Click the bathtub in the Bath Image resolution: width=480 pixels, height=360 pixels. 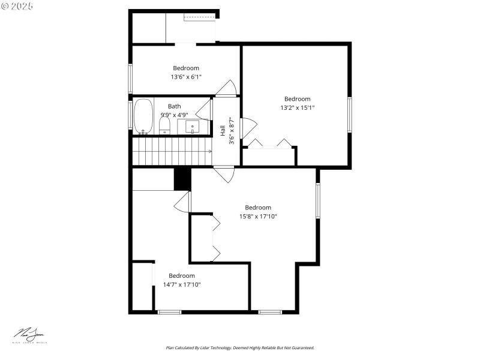143,116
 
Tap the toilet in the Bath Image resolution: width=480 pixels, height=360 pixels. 164,125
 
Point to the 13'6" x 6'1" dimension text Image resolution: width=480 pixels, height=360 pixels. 186,77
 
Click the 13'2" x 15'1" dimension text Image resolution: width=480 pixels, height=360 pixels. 297,107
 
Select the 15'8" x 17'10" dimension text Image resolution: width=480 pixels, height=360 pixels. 258,217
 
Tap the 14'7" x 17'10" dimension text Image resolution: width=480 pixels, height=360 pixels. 182,284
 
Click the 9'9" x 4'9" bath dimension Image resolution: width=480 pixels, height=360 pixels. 175,115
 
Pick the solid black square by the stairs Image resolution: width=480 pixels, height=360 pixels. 182,179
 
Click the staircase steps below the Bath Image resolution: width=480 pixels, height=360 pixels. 171,151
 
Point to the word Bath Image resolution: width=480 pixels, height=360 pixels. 174,106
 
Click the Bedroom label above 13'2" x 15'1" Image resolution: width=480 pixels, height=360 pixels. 297,99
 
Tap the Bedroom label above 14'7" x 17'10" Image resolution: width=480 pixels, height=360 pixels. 182,276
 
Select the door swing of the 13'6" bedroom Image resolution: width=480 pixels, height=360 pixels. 227,88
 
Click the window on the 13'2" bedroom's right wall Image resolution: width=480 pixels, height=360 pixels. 350,114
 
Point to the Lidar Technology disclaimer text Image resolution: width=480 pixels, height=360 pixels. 240,347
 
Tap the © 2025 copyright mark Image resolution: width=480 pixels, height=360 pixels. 17,5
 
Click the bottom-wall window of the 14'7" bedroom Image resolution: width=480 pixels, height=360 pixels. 169,311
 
